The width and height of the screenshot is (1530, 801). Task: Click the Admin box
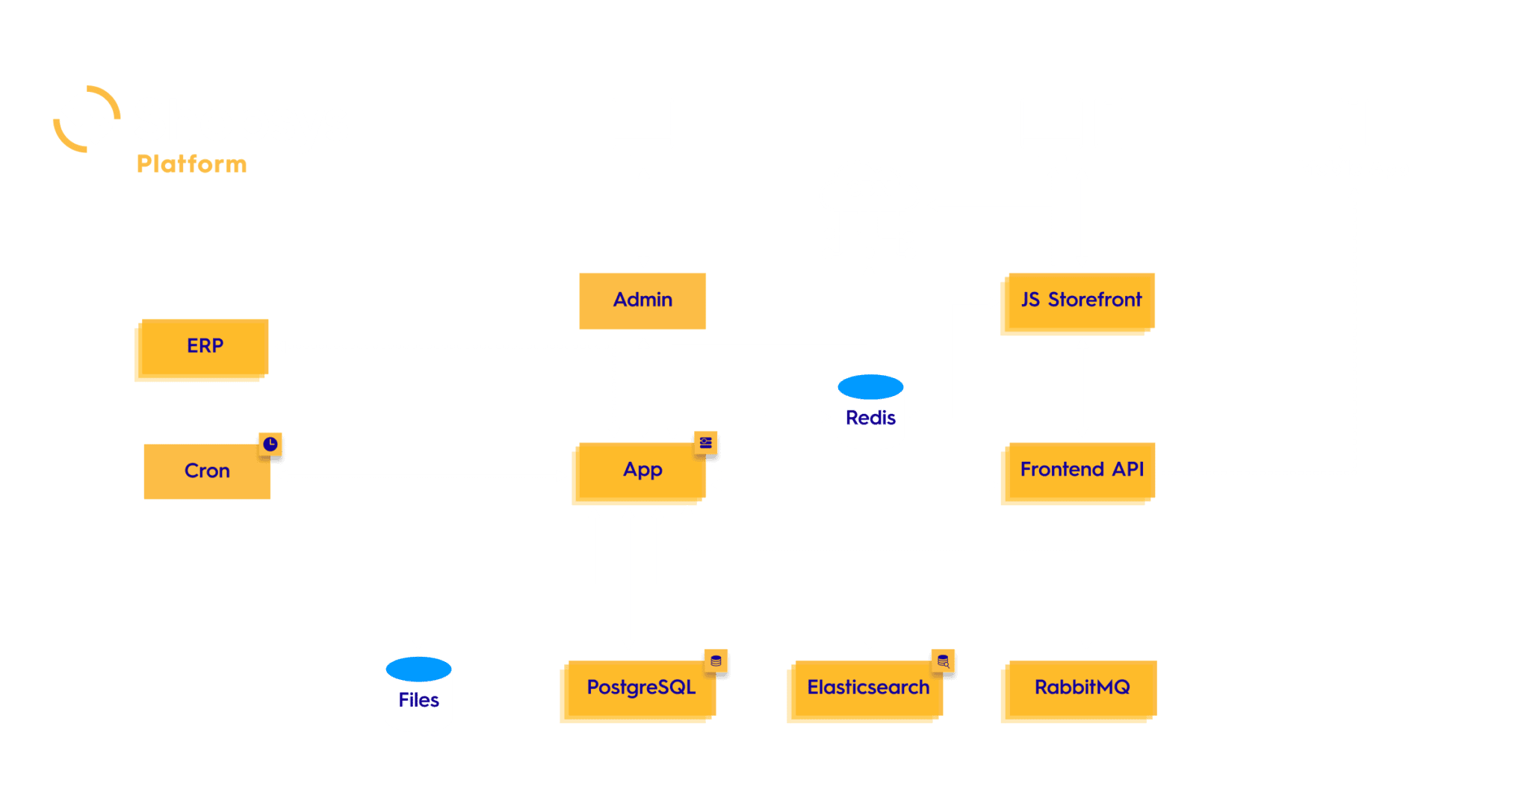coord(642,300)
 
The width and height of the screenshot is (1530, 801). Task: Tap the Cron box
coord(207,471)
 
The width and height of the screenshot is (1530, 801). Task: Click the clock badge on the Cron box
coord(270,444)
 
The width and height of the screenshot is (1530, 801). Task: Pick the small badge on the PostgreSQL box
coord(716,661)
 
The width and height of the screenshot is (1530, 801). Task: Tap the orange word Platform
coord(191,164)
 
